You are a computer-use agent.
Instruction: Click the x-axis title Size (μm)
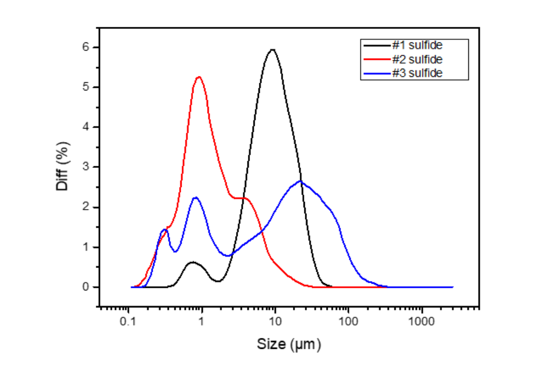coord(289,344)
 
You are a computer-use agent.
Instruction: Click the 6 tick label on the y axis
coord(87,48)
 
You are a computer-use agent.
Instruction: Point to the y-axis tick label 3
coord(87,167)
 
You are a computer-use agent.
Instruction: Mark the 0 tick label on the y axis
coord(87,287)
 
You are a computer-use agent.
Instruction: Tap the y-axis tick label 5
coord(87,87)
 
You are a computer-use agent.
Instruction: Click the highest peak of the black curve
coord(272,50)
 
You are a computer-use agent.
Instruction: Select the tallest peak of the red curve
coord(199,77)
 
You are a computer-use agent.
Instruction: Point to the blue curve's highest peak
coord(301,181)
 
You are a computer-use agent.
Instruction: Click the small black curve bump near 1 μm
coord(193,262)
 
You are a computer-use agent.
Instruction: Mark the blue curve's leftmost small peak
coord(165,229)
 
